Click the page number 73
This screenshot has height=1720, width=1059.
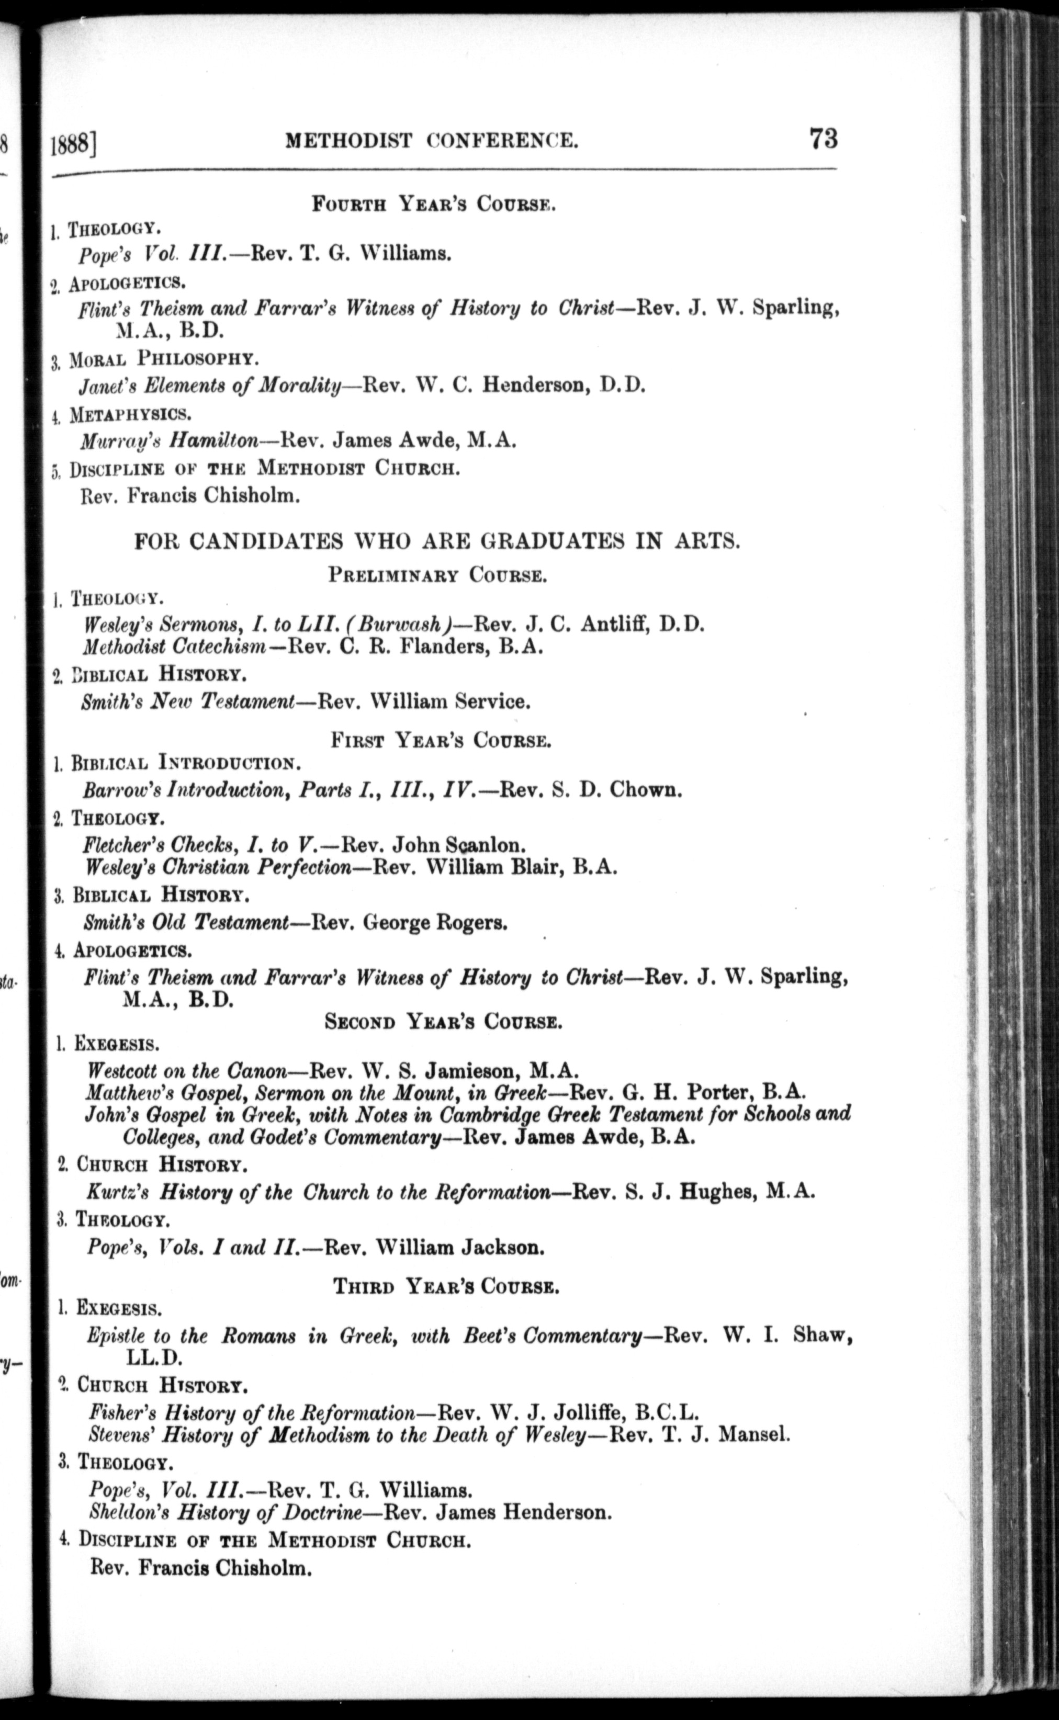point(823,138)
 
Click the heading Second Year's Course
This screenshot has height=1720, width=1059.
point(443,1023)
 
